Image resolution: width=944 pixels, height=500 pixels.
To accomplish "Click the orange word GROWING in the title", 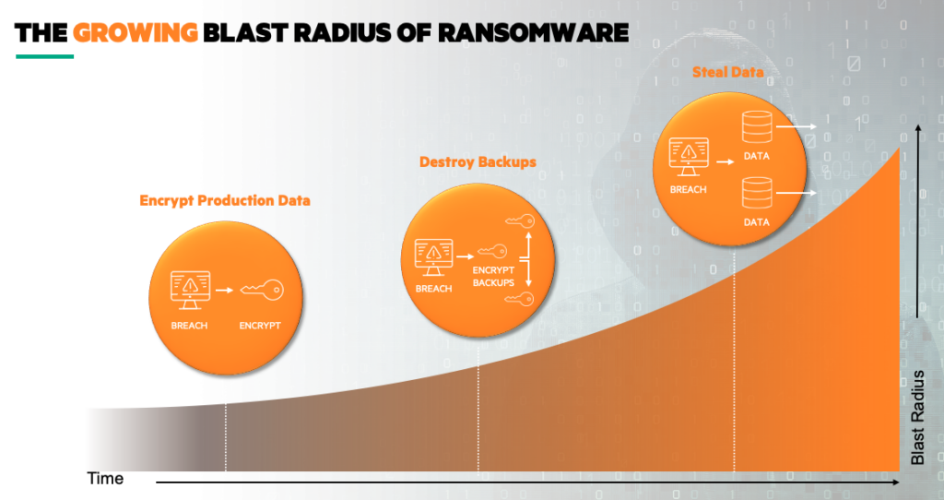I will tap(136, 33).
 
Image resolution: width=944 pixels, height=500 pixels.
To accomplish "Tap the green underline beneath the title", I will tap(44, 56).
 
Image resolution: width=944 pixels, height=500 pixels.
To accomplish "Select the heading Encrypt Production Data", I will tap(225, 200).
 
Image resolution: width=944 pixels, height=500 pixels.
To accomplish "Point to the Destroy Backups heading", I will tap(478, 162).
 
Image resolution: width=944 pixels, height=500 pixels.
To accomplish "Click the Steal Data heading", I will tap(727, 71).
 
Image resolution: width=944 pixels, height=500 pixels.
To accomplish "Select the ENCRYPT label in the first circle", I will tap(259, 326).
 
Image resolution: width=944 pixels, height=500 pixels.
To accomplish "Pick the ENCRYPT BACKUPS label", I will tap(493, 276).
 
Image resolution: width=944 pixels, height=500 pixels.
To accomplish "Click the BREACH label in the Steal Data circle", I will tap(689, 189).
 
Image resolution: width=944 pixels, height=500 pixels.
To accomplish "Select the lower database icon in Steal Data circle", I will tap(756, 195).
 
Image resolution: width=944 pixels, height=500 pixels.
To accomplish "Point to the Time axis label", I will tap(105, 480).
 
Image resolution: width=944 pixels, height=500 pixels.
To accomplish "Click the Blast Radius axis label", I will tap(918, 417).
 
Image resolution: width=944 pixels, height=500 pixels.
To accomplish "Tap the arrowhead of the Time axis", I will tap(897, 482).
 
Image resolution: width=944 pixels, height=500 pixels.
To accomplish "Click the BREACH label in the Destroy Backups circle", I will tap(434, 289).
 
